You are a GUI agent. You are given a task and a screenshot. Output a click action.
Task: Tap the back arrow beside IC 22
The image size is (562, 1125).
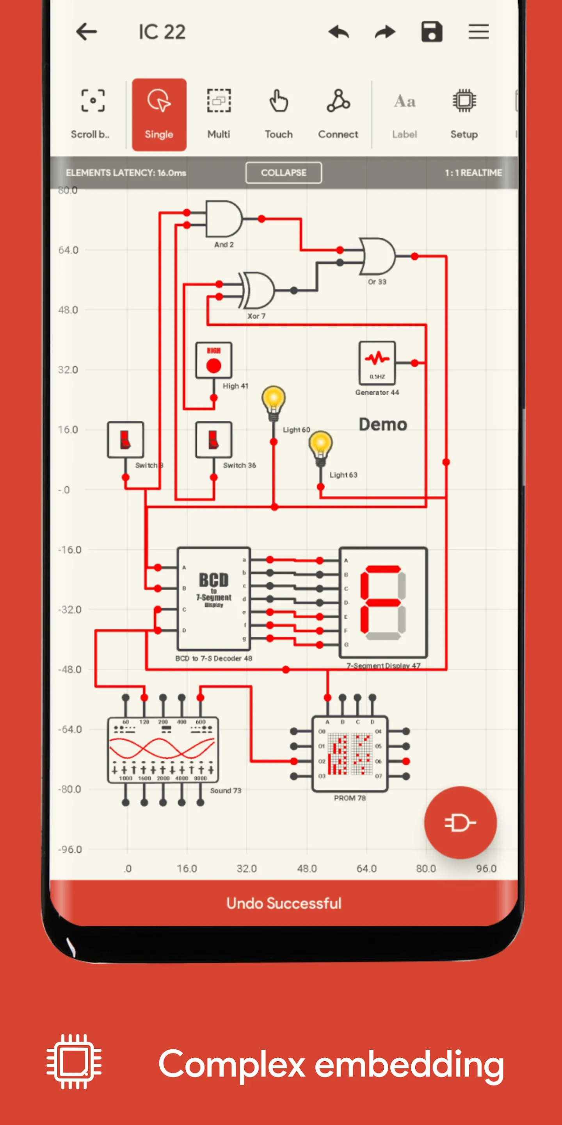[x=86, y=32]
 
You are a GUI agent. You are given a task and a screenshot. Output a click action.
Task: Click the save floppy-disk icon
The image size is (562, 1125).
[x=432, y=32]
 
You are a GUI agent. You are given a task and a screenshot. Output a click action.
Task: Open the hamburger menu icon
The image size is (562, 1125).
[x=478, y=32]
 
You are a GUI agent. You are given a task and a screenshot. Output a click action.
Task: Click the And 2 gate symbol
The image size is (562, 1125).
[x=223, y=219]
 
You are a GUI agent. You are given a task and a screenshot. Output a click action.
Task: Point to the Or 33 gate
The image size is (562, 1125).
[x=377, y=256]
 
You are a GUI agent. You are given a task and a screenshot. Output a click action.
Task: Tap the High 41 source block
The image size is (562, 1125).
[x=213, y=360]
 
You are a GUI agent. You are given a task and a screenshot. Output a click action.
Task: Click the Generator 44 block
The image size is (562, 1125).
[x=377, y=362]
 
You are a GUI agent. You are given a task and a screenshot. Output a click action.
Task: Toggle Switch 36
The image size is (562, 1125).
[x=213, y=440]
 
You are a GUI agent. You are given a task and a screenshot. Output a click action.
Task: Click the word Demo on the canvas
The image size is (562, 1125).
[x=382, y=425]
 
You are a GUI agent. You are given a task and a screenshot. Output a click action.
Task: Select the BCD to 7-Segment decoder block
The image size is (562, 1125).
[x=213, y=598]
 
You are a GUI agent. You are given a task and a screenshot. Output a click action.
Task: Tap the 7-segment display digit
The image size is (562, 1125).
[x=382, y=602]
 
